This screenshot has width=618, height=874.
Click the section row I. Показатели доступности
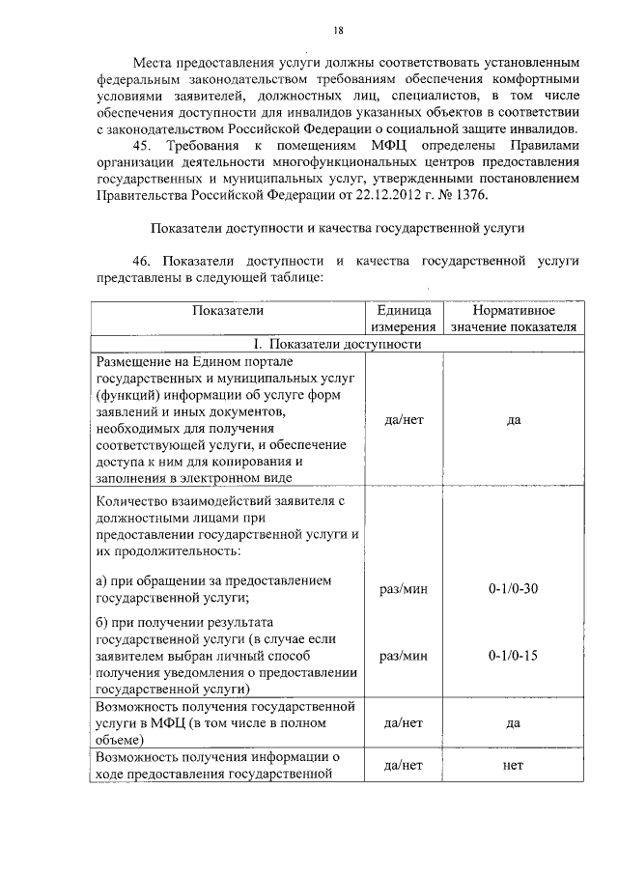point(337,344)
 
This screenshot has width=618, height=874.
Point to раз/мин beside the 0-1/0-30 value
point(405,588)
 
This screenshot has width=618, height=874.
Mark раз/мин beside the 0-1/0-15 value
point(405,656)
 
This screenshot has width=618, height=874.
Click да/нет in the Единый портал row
point(405,420)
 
